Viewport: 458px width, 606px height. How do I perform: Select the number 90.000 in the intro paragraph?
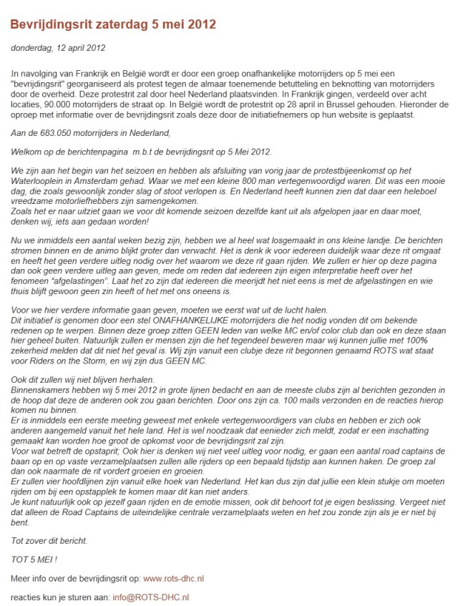(64, 114)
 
